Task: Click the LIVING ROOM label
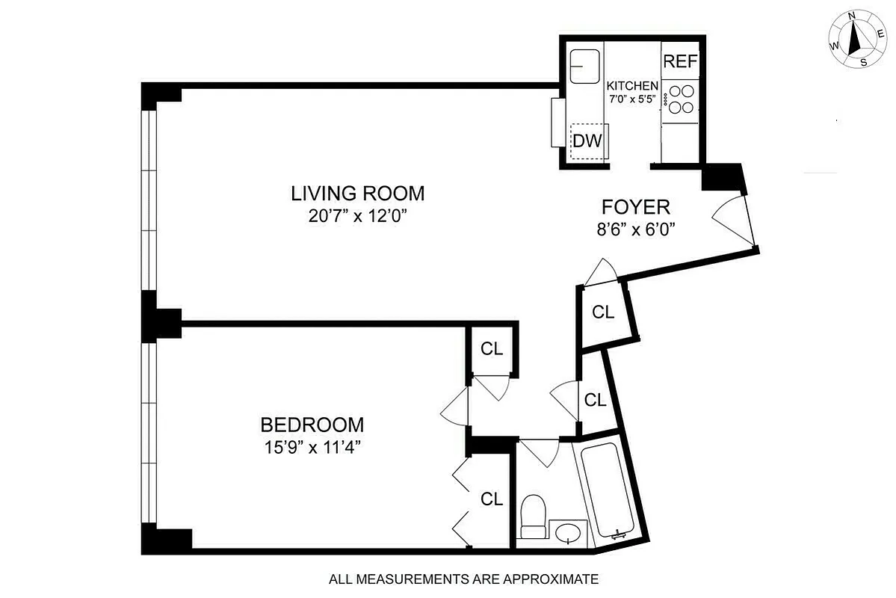pyautogui.click(x=357, y=194)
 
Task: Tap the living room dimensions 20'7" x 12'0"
pyautogui.click(x=357, y=217)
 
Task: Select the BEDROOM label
pyautogui.click(x=312, y=425)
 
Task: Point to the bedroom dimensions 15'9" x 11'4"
pyautogui.click(x=312, y=448)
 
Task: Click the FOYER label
pyautogui.click(x=636, y=206)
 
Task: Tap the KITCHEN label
pyautogui.click(x=632, y=86)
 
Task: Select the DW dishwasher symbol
pyautogui.click(x=587, y=141)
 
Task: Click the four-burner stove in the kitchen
pyautogui.click(x=680, y=99)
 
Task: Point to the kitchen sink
pyautogui.click(x=585, y=67)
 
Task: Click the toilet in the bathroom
pyautogui.click(x=533, y=516)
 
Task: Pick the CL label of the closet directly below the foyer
pyautogui.click(x=603, y=312)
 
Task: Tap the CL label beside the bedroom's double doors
pyautogui.click(x=491, y=499)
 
